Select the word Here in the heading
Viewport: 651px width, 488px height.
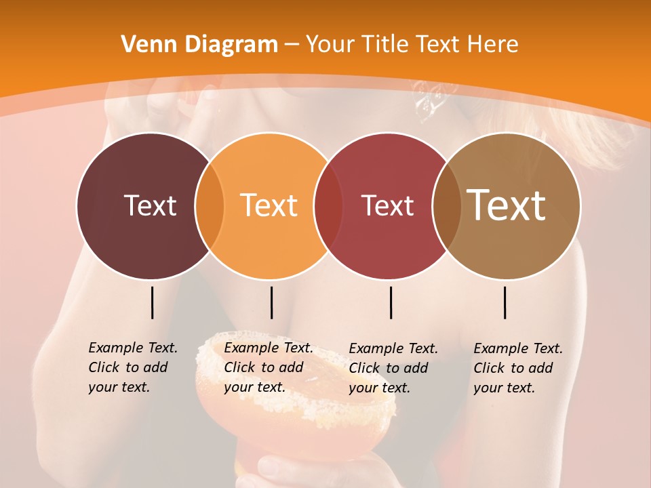pos(492,45)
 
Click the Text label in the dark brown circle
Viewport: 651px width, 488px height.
pos(150,205)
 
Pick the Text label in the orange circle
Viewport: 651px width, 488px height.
pos(269,205)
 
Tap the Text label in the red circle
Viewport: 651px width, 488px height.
pos(387,205)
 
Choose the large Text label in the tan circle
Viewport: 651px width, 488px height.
pos(507,205)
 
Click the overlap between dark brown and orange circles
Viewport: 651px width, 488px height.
pos(210,205)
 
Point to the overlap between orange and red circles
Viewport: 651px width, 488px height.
pos(328,205)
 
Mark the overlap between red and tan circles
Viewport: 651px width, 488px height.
pos(447,205)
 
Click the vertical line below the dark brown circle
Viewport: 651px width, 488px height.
pos(152,302)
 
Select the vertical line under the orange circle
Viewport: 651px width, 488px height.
pos(271,302)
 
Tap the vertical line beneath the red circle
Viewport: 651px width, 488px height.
pos(391,302)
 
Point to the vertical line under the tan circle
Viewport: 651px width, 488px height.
pos(505,302)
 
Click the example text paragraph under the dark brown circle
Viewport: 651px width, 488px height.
pos(132,367)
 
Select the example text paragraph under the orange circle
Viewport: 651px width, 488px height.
pos(268,367)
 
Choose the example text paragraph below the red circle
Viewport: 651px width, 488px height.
pos(393,368)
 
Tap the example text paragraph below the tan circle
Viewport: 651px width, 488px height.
pos(517,368)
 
